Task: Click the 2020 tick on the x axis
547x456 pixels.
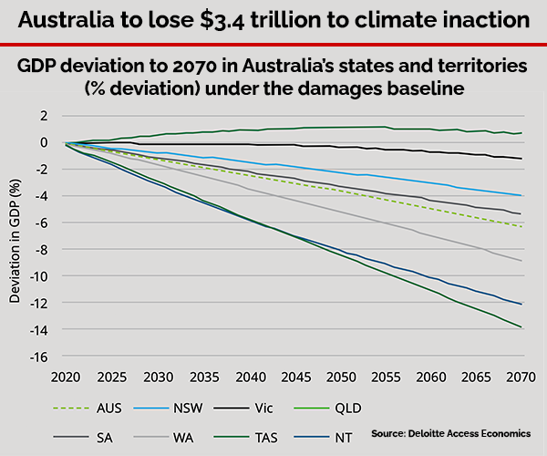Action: click(x=67, y=376)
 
